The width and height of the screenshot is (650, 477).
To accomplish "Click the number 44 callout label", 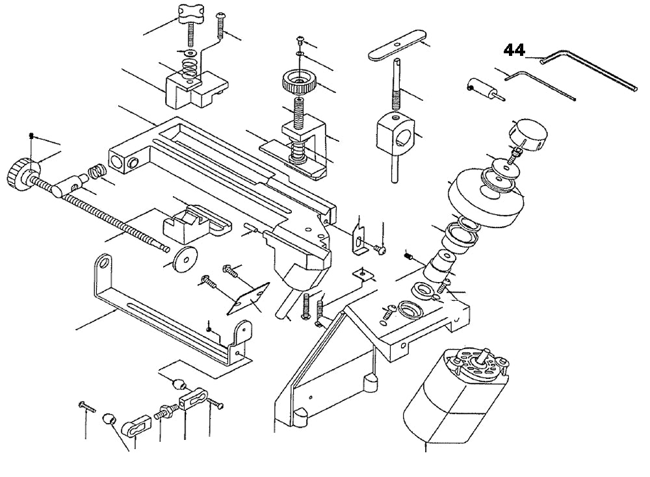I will tap(514, 50).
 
